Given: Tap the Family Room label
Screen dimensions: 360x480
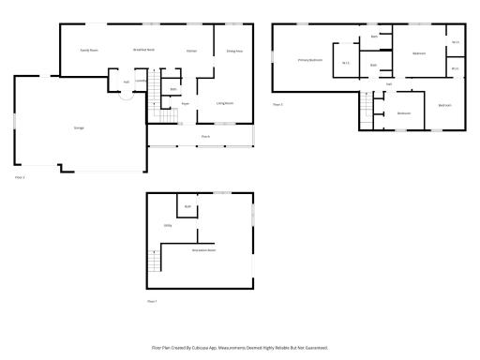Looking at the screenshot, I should (x=89, y=50).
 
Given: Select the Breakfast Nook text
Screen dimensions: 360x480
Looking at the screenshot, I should (x=143, y=50).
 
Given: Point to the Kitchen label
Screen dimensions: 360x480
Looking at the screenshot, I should (x=190, y=50).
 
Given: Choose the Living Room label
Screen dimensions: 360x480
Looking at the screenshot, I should (x=225, y=103).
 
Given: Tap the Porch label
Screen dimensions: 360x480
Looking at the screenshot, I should (x=204, y=137).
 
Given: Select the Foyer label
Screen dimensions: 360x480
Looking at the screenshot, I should (x=186, y=103).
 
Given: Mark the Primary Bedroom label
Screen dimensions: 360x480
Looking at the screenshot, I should (x=310, y=60).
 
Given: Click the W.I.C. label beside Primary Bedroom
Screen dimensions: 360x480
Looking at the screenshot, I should (x=345, y=63).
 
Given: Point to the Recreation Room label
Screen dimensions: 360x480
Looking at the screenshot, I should (x=203, y=250).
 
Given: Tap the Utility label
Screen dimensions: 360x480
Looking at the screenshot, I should (x=168, y=226).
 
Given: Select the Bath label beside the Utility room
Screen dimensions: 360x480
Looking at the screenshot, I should (x=187, y=206).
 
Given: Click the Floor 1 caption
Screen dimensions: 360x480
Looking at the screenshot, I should (x=152, y=301).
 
